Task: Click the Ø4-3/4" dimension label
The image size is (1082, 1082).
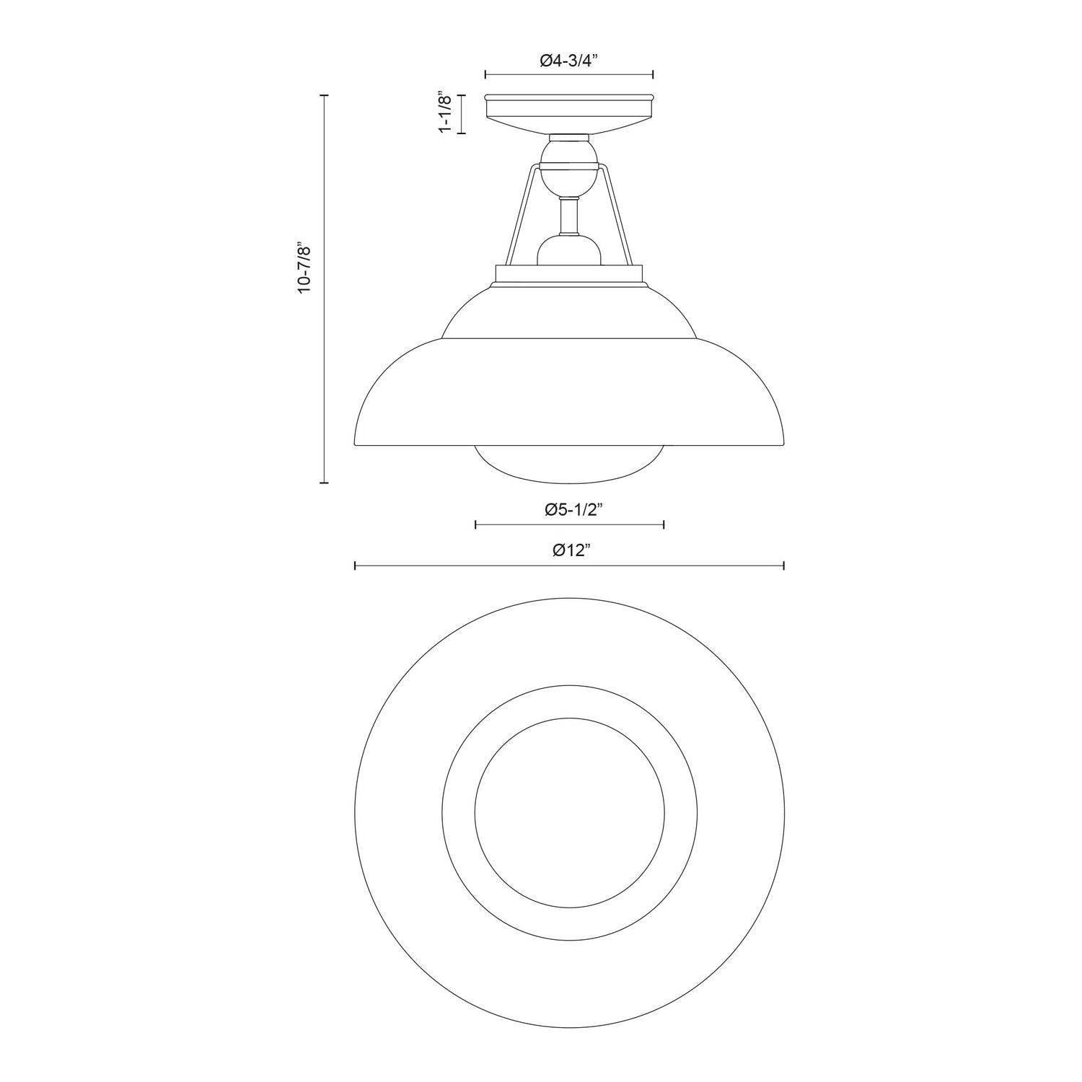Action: point(569,61)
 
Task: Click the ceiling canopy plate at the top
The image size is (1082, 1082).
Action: point(569,112)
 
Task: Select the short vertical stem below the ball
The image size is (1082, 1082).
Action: point(569,217)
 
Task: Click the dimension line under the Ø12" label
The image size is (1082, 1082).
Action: point(569,566)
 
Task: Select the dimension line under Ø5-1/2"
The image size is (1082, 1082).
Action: point(569,524)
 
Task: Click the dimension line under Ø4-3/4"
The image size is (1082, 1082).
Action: point(569,74)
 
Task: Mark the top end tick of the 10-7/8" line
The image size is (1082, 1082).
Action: point(324,95)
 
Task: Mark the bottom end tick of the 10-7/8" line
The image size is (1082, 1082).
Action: point(324,482)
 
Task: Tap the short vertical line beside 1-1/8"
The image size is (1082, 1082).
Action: point(462,114)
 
